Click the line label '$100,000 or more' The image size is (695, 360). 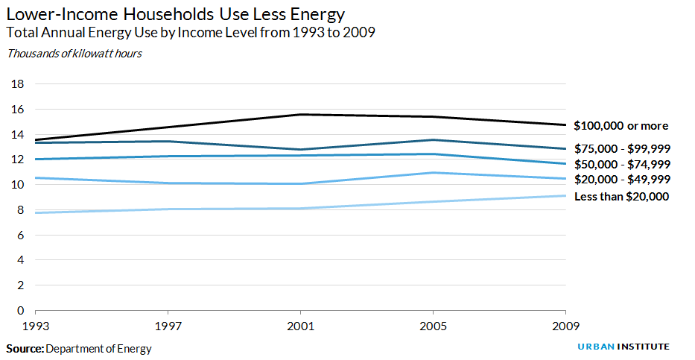(621, 126)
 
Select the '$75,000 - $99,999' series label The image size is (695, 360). (622, 149)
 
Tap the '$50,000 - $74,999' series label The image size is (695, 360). (622, 164)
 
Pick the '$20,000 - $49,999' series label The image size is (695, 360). (622, 180)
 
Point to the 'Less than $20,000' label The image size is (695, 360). (621, 196)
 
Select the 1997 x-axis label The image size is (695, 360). (168, 326)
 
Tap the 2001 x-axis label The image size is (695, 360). (300, 326)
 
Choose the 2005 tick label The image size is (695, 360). (433, 326)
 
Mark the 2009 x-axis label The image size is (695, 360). (565, 326)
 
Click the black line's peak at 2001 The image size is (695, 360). (300, 114)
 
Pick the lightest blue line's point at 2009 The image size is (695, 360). (565, 195)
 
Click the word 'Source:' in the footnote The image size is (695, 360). (25, 348)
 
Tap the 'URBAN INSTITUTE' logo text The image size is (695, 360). (623, 347)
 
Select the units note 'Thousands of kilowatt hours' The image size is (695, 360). (74, 54)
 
